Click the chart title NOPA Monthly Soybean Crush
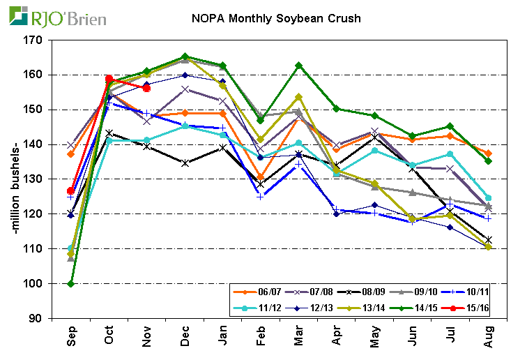coord(276,17)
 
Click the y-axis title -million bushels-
coord(16,179)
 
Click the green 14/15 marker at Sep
coord(70,284)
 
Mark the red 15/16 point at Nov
coord(146,88)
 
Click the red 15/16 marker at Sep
coord(70,190)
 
